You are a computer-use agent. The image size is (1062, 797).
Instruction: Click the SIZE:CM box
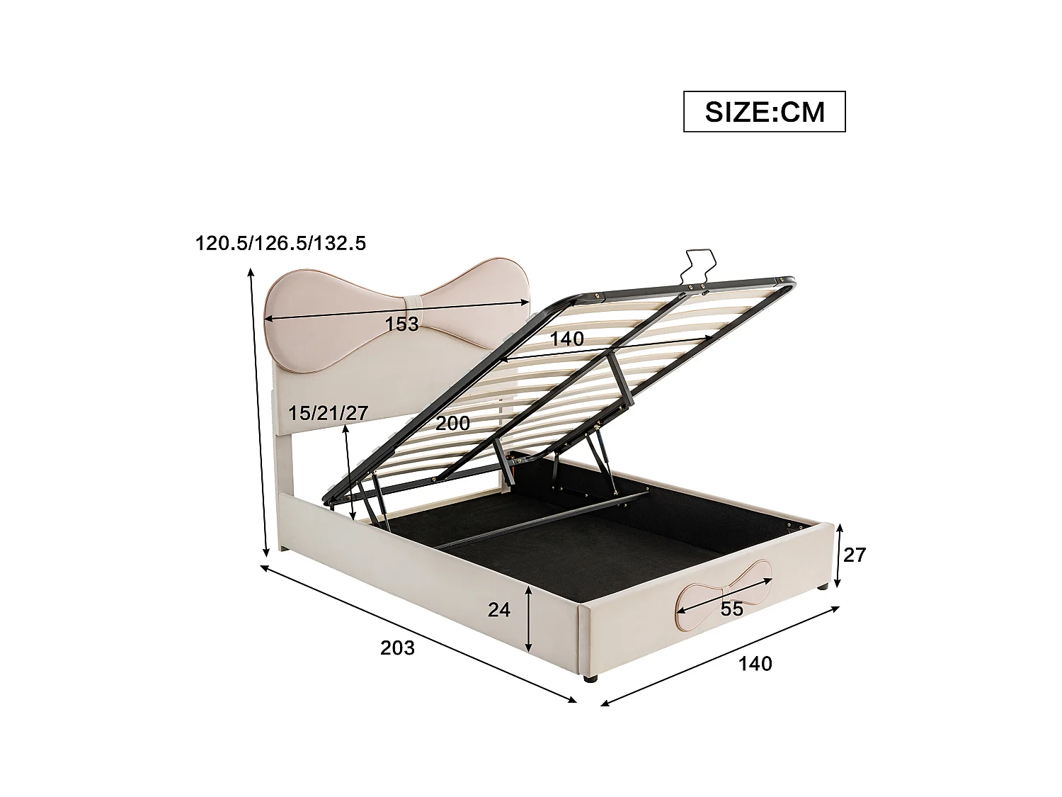[x=764, y=111]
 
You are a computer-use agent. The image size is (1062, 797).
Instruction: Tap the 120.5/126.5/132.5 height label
[x=280, y=244]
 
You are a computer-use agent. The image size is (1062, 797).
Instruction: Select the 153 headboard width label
[x=401, y=324]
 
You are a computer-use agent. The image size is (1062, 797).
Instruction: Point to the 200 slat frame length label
[x=452, y=424]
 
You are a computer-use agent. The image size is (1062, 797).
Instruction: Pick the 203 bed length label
[x=397, y=648]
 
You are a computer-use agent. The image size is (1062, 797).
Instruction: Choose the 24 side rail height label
[x=499, y=609]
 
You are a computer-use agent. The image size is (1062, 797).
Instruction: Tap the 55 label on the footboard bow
[x=732, y=609]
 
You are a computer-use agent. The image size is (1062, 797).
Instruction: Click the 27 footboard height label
[x=855, y=555]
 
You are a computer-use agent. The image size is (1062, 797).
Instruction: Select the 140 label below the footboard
[x=755, y=664]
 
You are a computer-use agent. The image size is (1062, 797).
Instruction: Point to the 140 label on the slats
[x=568, y=339]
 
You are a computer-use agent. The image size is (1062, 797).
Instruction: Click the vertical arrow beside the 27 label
[x=839, y=555]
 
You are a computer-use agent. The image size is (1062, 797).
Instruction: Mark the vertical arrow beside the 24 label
[x=529, y=618]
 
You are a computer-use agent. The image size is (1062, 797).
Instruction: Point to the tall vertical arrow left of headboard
[x=258, y=411]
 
